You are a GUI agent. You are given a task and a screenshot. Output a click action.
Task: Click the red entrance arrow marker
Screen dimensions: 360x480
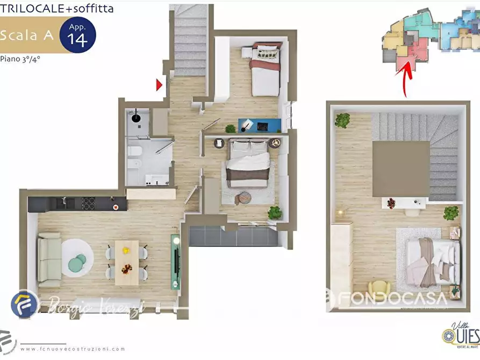tap(159, 84)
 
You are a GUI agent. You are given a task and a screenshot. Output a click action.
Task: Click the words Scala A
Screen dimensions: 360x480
tap(27, 36)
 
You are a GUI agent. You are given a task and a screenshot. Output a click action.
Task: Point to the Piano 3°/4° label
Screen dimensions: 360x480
tap(20, 59)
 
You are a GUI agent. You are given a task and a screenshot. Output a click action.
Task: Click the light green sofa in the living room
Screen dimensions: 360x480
tap(49, 259)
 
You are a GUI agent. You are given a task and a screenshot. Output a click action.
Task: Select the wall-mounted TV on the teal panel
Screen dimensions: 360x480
tap(176, 261)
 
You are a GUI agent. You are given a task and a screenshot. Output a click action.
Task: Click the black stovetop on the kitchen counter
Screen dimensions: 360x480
tap(88, 203)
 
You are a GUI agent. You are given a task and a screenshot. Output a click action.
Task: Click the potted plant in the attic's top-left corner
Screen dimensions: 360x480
tap(342, 120)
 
